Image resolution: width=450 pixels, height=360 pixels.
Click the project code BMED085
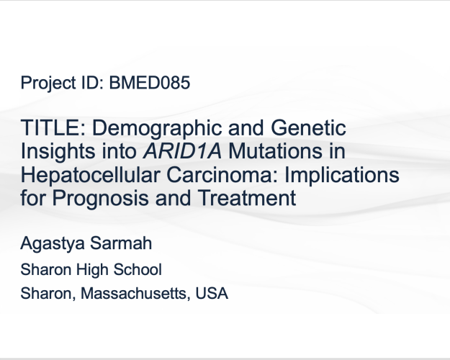point(150,83)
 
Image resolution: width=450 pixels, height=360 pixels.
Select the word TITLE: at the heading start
point(53,127)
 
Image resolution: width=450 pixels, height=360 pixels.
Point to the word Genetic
point(308,127)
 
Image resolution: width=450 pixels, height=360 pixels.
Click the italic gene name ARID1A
point(183,151)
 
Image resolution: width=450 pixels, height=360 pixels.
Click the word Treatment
point(247,198)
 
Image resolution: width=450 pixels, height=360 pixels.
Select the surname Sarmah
point(121,243)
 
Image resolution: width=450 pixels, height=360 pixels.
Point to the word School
point(138,270)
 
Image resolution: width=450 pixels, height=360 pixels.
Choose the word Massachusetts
point(135,294)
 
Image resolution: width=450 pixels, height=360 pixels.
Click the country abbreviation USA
point(212,294)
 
